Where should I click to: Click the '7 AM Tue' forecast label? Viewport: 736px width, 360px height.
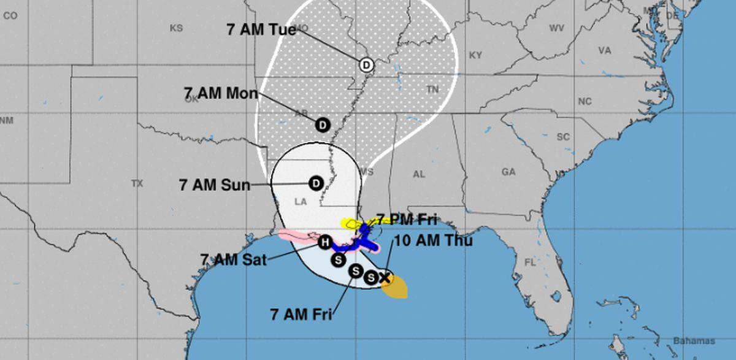click(x=261, y=29)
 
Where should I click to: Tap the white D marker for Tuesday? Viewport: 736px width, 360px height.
click(x=366, y=64)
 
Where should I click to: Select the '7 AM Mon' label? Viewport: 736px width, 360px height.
click(x=221, y=93)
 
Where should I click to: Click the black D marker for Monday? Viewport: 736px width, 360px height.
click(x=323, y=125)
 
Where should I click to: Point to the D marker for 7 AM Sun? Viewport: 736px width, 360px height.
click(x=316, y=183)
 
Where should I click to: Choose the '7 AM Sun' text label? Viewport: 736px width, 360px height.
click(x=215, y=185)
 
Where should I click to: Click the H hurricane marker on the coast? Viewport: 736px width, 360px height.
click(x=325, y=242)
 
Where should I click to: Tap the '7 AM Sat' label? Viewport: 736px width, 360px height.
click(x=233, y=259)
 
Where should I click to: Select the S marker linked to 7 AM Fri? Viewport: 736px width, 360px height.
click(x=356, y=271)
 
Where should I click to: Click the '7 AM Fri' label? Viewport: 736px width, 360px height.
click(x=301, y=315)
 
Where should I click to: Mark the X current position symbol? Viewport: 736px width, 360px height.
click(x=385, y=278)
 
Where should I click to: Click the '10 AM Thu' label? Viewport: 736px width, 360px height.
click(x=433, y=241)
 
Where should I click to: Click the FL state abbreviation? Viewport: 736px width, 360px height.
click(x=530, y=262)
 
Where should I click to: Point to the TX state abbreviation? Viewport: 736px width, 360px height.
click(x=137, y=183)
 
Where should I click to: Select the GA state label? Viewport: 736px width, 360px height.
click(x=508, y=172)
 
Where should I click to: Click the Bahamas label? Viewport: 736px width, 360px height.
click(x=694, y=341)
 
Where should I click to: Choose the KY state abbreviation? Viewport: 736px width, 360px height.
click(x=475, y=55)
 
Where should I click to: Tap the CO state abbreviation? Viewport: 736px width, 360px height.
click(x=10, y=17)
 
